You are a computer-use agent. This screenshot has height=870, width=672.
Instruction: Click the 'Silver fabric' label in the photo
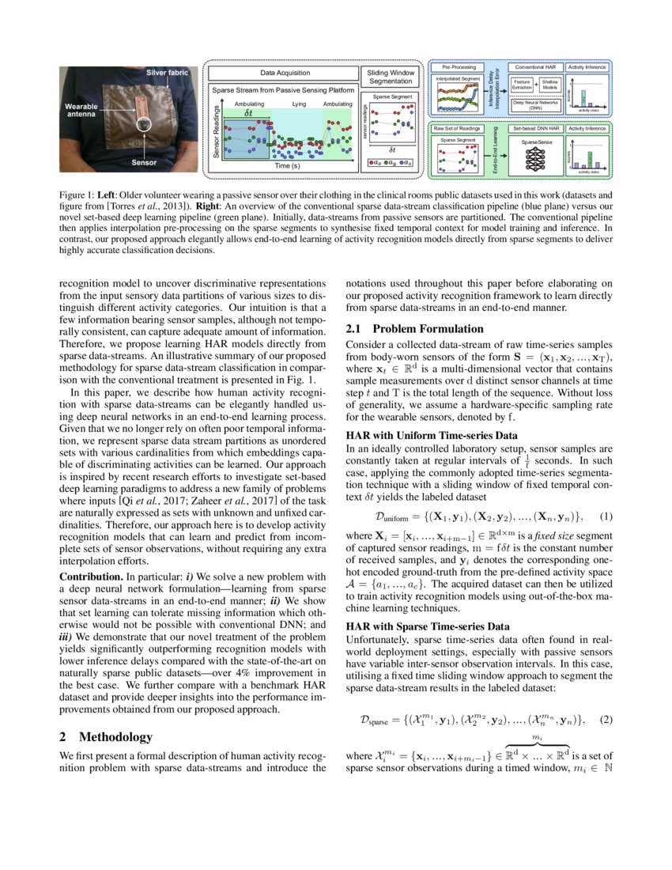(167, 73)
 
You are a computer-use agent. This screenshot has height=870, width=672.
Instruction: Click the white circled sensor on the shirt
(143, 124)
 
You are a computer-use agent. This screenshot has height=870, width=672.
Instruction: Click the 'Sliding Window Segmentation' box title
(391, 77)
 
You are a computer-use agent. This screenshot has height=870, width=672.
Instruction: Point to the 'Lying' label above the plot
(299, 104)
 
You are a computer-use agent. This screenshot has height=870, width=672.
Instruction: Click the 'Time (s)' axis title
(286, 166)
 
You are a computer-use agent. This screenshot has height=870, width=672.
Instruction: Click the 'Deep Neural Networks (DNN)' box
(534, 104)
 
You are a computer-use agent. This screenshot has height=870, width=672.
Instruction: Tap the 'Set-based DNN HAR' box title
(534, 127)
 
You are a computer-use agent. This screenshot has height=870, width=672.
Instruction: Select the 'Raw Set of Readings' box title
(458, 127)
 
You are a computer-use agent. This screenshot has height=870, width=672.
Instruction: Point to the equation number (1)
(606, 516)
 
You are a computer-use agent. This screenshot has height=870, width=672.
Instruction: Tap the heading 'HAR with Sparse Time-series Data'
(428, 626)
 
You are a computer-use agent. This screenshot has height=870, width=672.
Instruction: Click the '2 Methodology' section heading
(106, 736)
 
